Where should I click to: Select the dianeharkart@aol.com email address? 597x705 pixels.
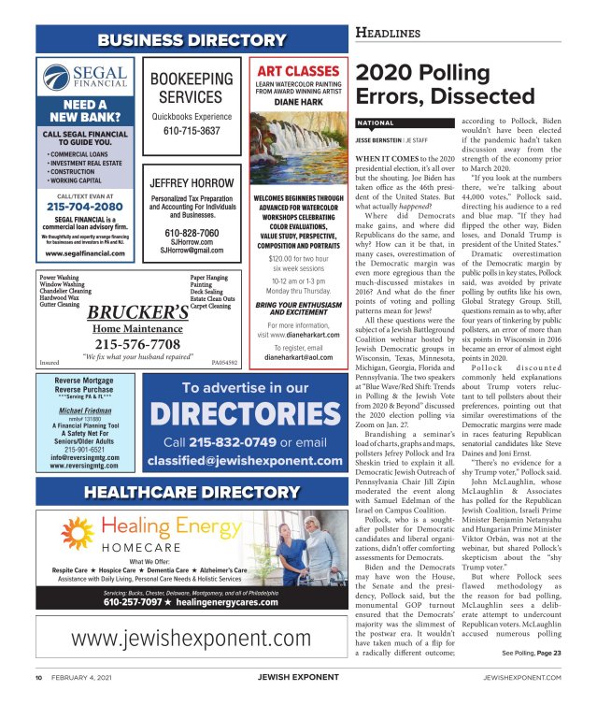(298, 356)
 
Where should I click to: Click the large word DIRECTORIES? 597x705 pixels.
(244, 412)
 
